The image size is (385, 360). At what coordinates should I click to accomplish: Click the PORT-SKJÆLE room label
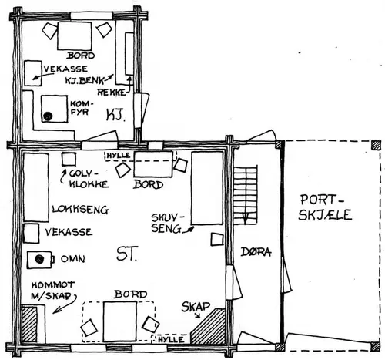(325, 207)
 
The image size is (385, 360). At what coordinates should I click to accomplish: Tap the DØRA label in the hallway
(256, 252)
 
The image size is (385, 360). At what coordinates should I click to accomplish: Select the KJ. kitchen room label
(116, 115)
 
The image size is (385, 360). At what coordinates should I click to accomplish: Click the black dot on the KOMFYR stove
(48, 116)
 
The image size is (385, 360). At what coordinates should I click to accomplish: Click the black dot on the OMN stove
(39, 259)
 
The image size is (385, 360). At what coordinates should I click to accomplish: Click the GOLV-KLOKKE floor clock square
(69, 160)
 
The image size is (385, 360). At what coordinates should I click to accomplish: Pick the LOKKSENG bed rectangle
(36, 187)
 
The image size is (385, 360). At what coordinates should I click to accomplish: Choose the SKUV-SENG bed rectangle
(207, 188)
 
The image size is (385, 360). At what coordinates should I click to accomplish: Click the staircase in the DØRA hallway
(245, 195)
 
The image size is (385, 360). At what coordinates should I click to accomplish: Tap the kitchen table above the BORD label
(75, 36)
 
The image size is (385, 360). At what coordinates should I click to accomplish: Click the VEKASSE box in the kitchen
(33, 73)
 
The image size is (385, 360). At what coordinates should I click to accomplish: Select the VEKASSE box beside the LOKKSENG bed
(31, 234)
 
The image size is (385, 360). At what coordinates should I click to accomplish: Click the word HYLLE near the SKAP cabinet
(171, 340)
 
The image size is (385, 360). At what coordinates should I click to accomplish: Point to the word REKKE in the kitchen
(112, 93)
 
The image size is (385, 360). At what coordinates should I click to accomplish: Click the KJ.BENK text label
(85, 80)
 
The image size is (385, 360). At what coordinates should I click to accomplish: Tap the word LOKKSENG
(80, 210)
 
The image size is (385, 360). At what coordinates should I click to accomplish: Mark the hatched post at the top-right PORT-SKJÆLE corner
(376, 145)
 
